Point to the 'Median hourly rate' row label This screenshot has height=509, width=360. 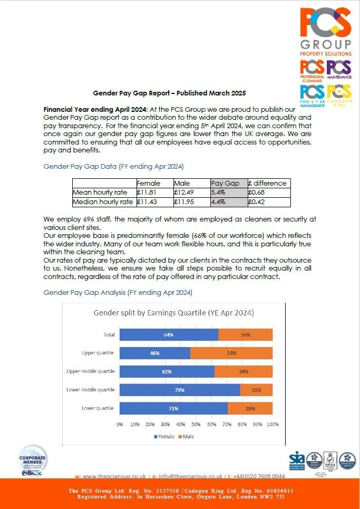click(x=103, y=201)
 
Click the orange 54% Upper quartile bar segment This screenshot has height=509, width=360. click(x=231, y=353)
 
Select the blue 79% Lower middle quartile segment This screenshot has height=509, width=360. click(x=180, y=390)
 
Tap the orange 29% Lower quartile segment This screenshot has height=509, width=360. click(x=250, y=408)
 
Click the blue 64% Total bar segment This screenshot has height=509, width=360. click(x=169, y=334)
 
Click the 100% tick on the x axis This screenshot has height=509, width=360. click(x=273, y=424)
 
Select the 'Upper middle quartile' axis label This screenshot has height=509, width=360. click(x=90, y=371)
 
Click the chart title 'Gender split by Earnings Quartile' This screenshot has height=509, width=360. click(x=174, y=313)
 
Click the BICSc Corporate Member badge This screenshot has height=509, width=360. click(x=33, y=460)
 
